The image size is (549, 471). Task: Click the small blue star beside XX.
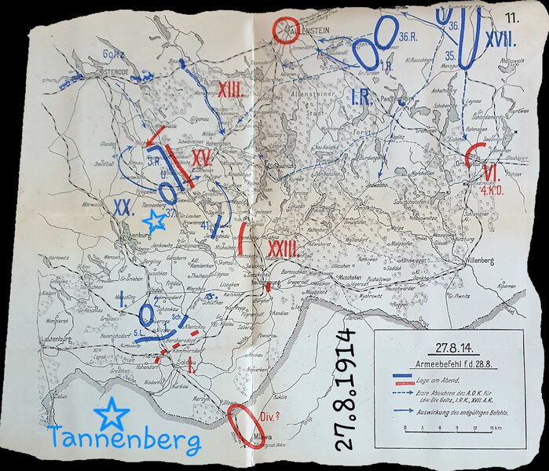(x=155, y=221)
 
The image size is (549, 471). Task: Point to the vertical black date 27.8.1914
(x=346, y=390)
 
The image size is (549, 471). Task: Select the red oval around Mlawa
(x=247, y=425)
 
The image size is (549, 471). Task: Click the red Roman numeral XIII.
(x=230, y=91)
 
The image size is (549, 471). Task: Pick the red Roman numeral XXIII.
(x=282, y=249)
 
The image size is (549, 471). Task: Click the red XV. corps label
(x=202, y=158)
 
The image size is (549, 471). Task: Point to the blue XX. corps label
(x=122, y=207)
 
